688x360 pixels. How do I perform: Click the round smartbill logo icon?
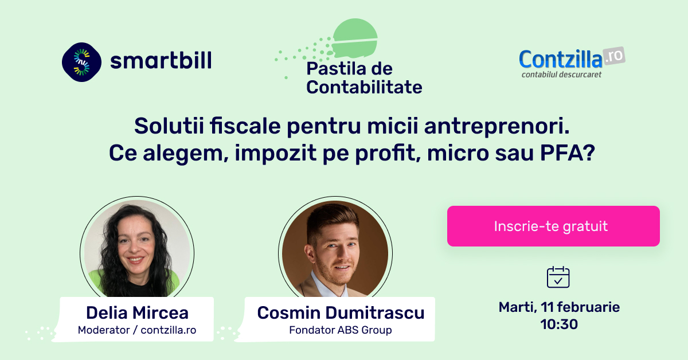pos(81,62)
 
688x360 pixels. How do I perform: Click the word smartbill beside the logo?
pos(161,60)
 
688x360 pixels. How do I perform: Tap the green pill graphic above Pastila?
pos(355,38)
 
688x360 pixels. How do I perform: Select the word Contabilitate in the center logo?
pos(364,87)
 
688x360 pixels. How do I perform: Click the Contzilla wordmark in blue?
pos(561,59)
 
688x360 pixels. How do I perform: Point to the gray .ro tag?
pos(614,56)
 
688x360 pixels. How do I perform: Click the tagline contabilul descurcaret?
pos(561,75)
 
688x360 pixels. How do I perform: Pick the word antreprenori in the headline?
pos(497,126)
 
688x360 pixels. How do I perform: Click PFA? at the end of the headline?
pos(568,152)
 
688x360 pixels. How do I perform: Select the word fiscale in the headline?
pos(245,126)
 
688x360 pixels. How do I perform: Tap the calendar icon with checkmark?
pos(558,277)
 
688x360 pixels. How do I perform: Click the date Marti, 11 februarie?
pos(559,307)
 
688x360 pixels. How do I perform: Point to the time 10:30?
pos(559,324)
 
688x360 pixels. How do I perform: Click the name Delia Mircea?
pos(137,312)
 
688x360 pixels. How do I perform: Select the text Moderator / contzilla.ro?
pos(137,330)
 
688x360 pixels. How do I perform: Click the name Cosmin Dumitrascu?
pos(341,312)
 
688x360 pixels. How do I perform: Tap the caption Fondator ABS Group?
pos(341,330)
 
